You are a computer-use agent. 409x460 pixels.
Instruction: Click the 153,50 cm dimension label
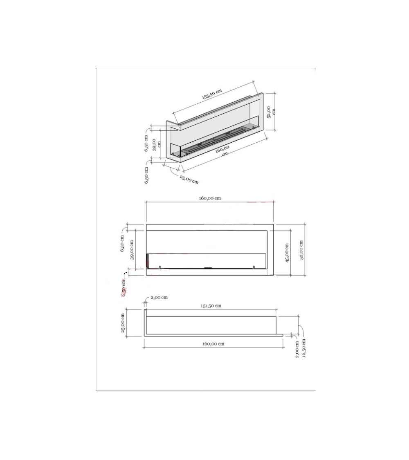pyautogui.click(x=212, y=94)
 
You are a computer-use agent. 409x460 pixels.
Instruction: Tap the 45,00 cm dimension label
pyautogui.click(x=287, y=253)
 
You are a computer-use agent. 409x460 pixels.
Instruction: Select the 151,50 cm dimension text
pyautogui.click(x=211, y=306)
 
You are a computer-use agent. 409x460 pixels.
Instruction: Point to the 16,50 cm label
pyautogui.click(x=303, y=348)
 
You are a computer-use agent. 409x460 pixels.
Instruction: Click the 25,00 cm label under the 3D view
pyautogui.click(x=189, y=180)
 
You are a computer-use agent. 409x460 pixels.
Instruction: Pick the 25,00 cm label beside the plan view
pyautogui.click(x=123, y=323)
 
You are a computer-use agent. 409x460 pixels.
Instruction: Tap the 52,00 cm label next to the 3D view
pyautogui.click(x=272, y=112)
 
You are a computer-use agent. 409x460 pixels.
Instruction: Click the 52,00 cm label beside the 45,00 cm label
pyautogui.click(x=301, y=250)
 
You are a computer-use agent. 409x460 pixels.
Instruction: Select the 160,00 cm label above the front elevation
pyautogui.click(x=210, y=198)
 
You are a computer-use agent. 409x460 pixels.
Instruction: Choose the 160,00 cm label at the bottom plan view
pyautogui.click(x=213, y=343)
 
